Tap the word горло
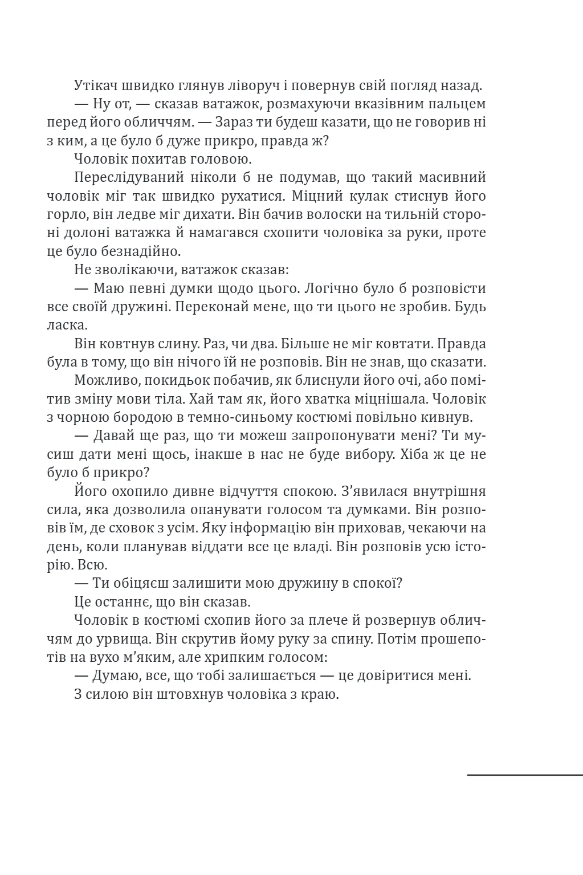66,214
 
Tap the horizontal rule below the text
524,775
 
